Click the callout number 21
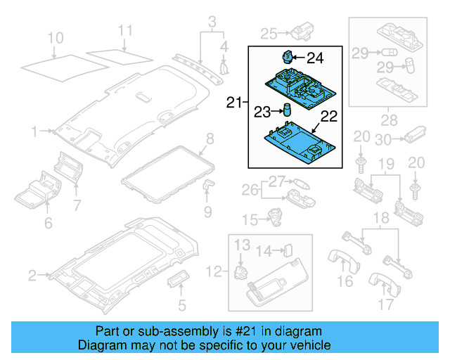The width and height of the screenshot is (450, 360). pos(233,103)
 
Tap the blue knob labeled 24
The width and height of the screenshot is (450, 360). pos(287,56)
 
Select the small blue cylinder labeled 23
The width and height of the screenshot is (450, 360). pos(287,110)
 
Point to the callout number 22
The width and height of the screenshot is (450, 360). pos(328,115)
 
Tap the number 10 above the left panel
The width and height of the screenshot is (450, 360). pos(55,37)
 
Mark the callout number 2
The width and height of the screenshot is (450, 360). pos(32,274)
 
